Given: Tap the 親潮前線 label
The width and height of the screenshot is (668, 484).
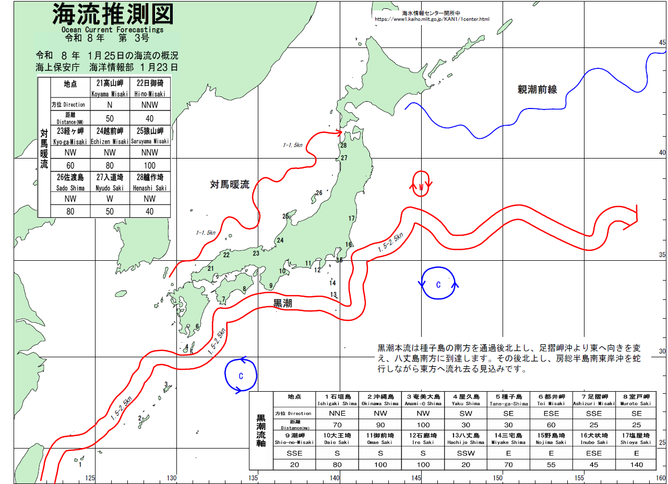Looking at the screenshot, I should (x=537, y=90).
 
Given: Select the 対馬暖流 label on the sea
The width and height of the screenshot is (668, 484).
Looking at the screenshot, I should (x=230, y=184).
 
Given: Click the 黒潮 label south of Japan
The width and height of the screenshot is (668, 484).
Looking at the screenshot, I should (x=283, y=304).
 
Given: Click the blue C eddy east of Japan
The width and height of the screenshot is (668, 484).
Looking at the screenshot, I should (x=438, y=284).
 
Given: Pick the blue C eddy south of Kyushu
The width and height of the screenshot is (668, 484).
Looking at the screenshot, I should (x=241, y=376).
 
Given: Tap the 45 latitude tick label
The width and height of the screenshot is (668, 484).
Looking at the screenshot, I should (x=662, y=43).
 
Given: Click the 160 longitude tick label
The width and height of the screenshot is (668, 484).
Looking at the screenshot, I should (x=661, y=478).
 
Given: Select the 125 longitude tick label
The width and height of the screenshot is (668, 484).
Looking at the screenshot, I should (x=90, y=478).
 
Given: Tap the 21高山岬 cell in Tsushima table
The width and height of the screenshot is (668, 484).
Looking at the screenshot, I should (x=110, y=87).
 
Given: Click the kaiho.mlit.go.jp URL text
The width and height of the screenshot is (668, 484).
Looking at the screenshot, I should (x=432, y=19).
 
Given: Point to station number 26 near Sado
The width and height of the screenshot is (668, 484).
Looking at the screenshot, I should (x=319, y=193).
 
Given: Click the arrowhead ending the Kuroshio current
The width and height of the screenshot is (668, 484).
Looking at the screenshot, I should (x=633, y=217).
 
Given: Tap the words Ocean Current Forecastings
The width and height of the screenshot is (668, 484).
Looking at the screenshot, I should (x=112, y=30).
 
